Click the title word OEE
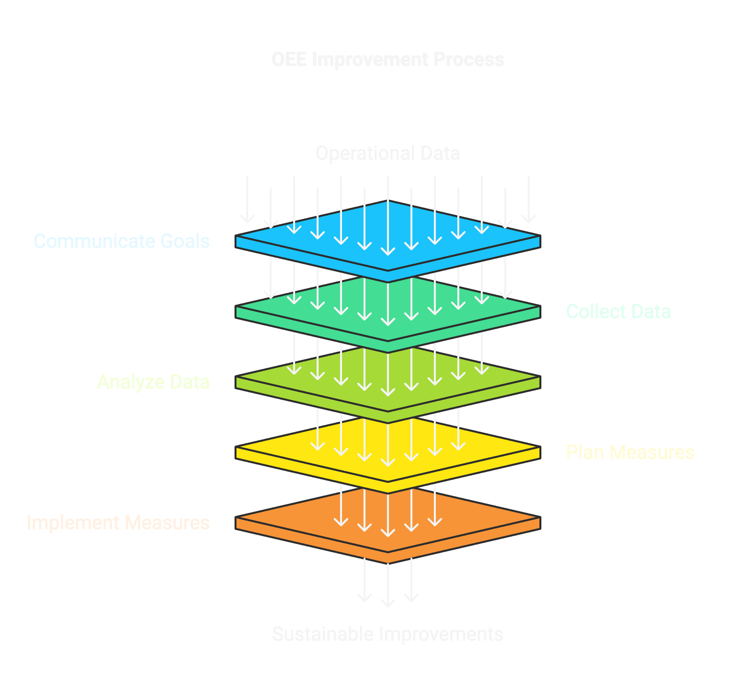(x=289, y=59)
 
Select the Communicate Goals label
(x=122, y=241)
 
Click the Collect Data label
(x=618, y=312)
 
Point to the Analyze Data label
(x=153, y=382)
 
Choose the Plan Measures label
(x=630, y=453)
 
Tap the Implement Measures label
(x=118, y=523)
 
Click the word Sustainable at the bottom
(x=322, y=634)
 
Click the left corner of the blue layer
(x=236, y=236)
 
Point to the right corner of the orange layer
(x=540, y=517)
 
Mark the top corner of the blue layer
(x=388, y=201)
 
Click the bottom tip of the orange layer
(x=388, y=564)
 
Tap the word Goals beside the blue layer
(x=185, y=241)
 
